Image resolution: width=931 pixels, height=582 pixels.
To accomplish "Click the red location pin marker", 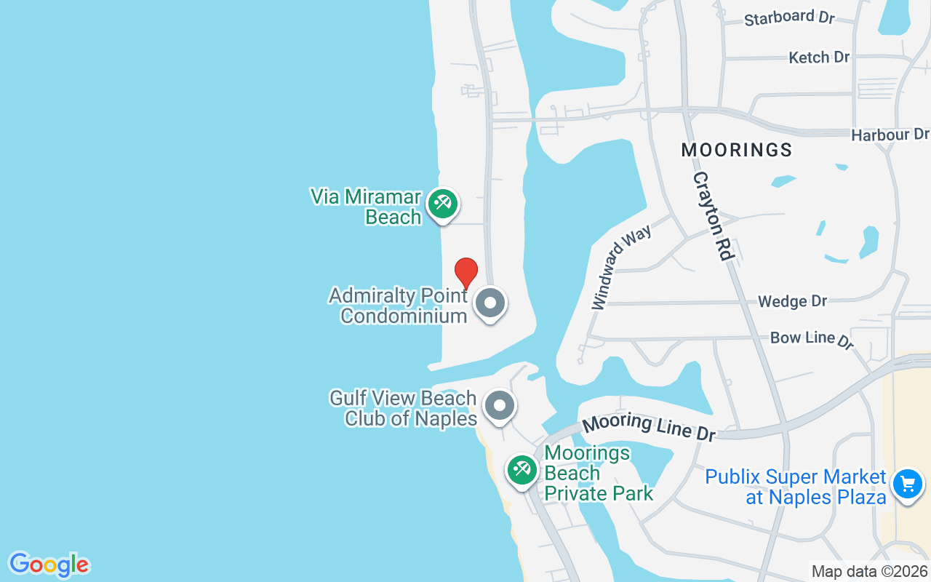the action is click(x=466, y=273).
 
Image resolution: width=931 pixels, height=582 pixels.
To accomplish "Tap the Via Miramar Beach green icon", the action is click(x=442, y=204).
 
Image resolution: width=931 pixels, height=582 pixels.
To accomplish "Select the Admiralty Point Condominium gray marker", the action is click(x=490, y=303).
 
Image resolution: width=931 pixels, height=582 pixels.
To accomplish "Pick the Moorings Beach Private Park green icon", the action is click(x=522, y=470).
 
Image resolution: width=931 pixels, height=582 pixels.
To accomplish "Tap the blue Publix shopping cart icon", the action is click(x=907, y=483).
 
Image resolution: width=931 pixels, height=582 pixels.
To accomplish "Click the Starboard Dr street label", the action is click(x=789, y=18).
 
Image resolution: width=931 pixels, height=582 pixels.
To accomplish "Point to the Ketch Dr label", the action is click(x=819, y=57).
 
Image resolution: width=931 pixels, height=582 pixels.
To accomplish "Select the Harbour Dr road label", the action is click(x=890, y=135).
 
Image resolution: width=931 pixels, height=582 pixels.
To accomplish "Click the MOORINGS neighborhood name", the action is click(x=736, y=150).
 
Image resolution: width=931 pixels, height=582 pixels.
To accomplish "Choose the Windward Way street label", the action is click(x=622, y=266).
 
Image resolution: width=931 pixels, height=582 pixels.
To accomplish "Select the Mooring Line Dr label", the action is click(x=649, y=426).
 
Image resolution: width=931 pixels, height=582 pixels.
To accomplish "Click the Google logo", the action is click(x=49, y=565).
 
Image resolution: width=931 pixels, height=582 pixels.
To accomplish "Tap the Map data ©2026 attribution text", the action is click(x=869, y=572).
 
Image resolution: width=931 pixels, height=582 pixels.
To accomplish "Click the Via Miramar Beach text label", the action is click(x=366, y=207).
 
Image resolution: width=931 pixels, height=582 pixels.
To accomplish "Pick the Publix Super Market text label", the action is click(x=796, y=487).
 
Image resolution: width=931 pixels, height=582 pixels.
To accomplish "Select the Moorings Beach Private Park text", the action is click(x=598, y=473).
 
